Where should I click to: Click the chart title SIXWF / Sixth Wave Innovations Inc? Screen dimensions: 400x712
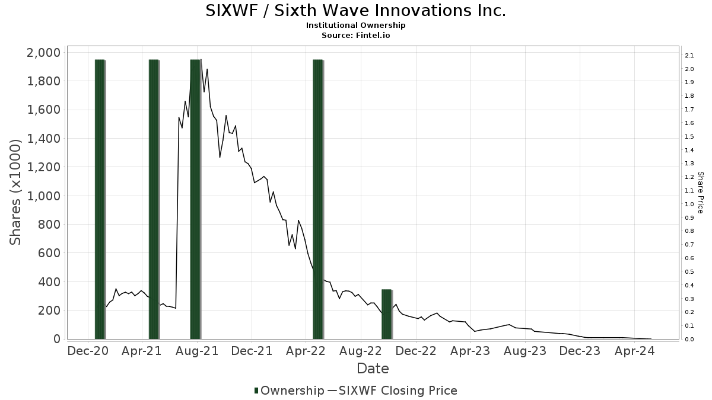[x=355, y=11]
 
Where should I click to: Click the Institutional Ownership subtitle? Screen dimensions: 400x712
[x=355, y=25]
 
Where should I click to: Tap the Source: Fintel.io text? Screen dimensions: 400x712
[x=355, y=35]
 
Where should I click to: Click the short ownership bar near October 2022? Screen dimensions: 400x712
[x=387, y=314]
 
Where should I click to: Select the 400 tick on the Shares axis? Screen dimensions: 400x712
[x=50, y=282]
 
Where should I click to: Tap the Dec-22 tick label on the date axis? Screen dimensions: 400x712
[x=417, y=351]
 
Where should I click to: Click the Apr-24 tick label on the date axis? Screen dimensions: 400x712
[x=635, y=351]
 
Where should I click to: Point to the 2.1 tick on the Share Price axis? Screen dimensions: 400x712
[x=689, y=56]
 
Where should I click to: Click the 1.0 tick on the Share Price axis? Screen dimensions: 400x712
[x=689, y=204]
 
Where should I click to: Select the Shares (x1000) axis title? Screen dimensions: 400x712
[x=16, y=192]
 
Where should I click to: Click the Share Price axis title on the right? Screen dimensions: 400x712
[x=700, y=192]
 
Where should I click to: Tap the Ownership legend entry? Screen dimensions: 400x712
[x=289, y=391]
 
